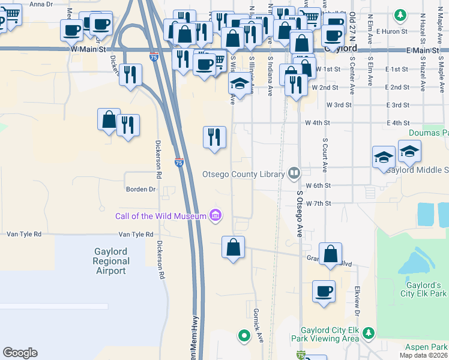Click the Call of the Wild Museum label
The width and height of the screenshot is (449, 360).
[x=161, y=215]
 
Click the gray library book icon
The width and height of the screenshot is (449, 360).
[x=294, y=174]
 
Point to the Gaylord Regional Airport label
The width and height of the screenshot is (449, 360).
[x=111, y=261]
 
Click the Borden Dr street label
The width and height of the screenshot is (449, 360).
[x=140, y=189]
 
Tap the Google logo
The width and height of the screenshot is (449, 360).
[x=20, y=353]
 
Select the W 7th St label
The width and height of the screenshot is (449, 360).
[x=318, y=204]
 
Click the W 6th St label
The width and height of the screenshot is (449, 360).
[x=318, y=186]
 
